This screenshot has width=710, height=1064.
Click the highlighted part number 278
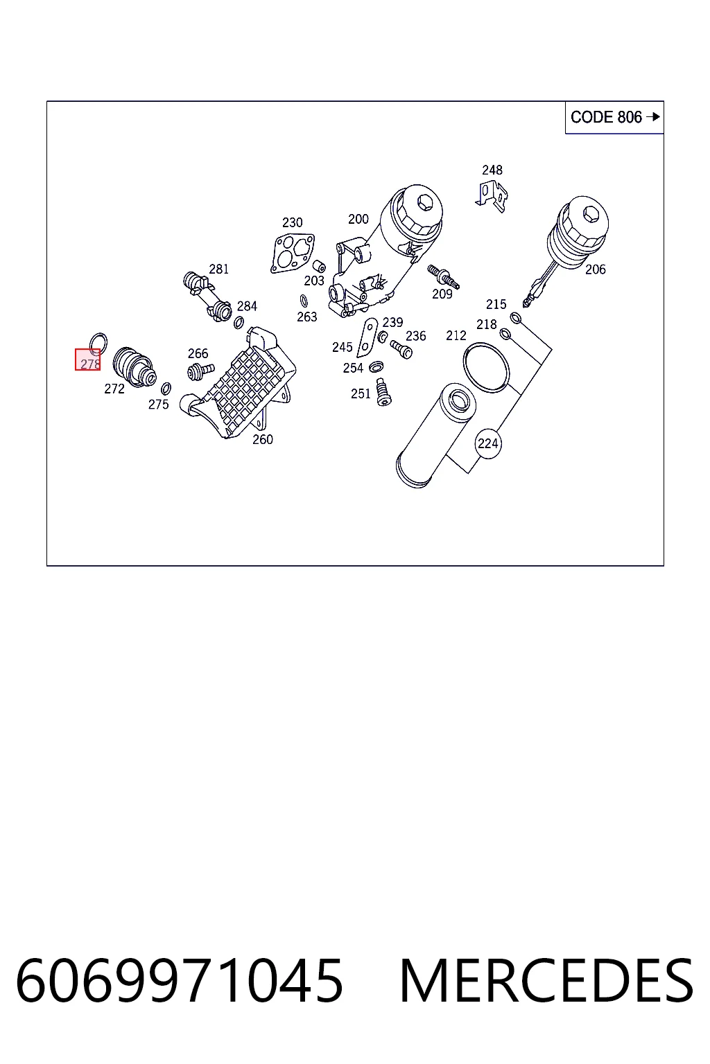[88, 360]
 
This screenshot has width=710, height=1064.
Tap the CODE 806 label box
[614, 117]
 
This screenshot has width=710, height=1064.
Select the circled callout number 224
[488, 443]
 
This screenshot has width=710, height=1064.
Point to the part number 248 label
[492, 170]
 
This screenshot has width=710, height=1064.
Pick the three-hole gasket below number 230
[293, 252]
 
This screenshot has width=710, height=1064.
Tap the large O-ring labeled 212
[486, 368]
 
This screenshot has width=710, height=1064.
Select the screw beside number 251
[383, 392]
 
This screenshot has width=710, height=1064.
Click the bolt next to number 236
[401, 350]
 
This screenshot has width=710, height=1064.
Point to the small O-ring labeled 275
[166, 389]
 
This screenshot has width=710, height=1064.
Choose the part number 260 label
[263, 439]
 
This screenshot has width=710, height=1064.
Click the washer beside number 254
[376, 366]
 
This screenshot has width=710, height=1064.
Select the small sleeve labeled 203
[319, 265]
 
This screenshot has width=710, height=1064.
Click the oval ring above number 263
[304, 301]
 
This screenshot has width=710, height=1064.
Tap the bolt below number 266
[200, 371]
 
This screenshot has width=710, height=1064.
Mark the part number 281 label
[218, 269]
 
